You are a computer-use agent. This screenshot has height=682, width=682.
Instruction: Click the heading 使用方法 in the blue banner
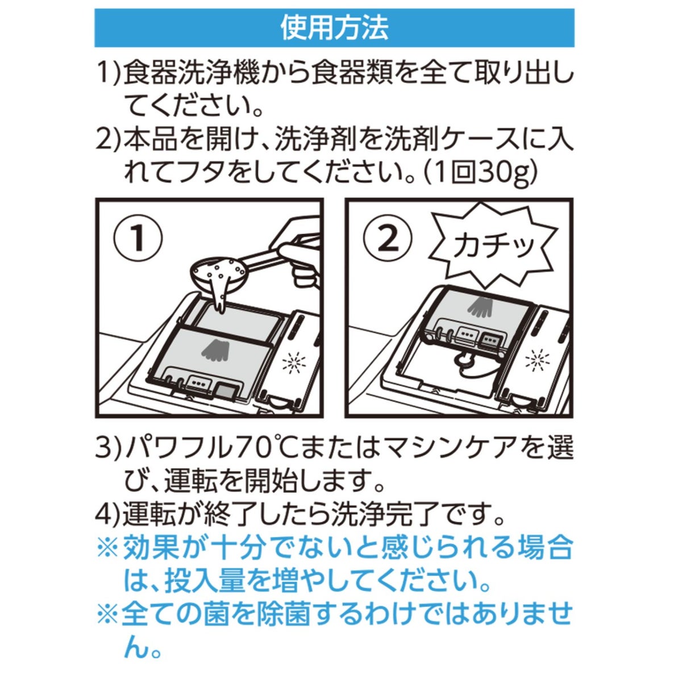pos(334,28)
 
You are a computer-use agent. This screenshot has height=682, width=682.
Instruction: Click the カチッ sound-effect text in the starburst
pos(494,246)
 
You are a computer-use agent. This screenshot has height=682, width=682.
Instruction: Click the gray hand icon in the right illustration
pos(482,306)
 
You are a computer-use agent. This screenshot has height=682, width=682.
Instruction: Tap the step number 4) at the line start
pos(108,517)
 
